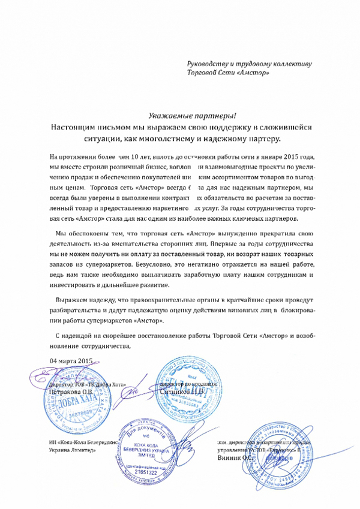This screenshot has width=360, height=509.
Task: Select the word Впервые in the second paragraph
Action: (229, 245)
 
